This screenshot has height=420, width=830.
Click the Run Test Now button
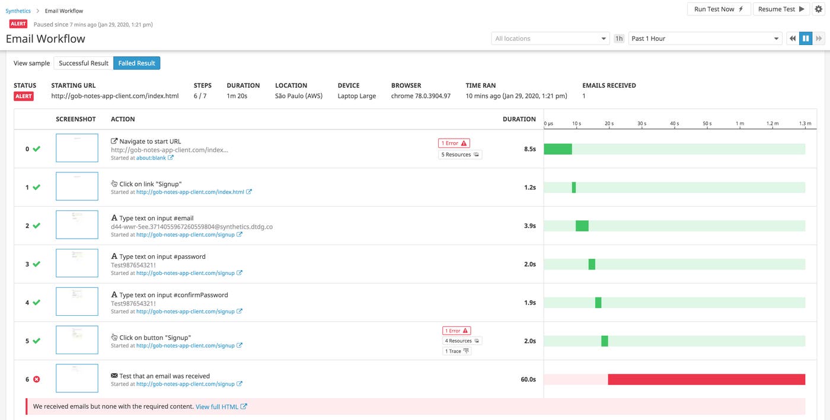(719, 9)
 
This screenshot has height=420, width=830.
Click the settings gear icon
(818, 9)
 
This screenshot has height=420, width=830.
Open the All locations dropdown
(550, 39)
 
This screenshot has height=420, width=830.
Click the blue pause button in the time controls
(806, 39)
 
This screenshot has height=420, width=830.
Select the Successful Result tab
(84, 63)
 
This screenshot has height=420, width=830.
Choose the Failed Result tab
(136, 63)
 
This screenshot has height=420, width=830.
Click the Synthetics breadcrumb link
(18, 11)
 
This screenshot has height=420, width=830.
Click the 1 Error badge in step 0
(454, 143)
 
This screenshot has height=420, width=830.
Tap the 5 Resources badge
(460, 155)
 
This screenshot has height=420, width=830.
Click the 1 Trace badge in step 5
(457, 351)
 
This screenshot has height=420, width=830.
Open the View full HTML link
(221, 407)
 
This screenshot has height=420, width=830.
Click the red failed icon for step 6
(36, 379)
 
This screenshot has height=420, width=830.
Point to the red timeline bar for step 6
(706, 379)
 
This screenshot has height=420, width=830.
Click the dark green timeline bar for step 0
(558, 149)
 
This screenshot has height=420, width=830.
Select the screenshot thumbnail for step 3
(77, 264)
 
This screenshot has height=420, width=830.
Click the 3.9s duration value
(529, 226)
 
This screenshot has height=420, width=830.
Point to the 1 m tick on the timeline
(740, 124)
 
